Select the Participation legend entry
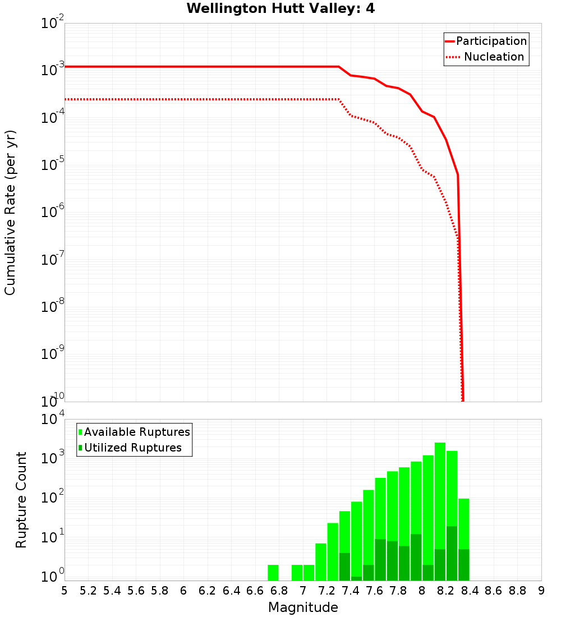[491, 41]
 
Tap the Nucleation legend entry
[493, 57]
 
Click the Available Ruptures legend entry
[136, 432]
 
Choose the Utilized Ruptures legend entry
[132, 448]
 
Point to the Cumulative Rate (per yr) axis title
[10, 213]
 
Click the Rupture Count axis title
[21, 500]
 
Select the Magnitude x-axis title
[303, 607]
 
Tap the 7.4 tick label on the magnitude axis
[351, 591]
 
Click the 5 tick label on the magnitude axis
[65, 591]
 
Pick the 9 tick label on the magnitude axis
[541, 591]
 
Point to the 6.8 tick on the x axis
[279, 591]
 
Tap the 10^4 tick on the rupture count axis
[53, 420]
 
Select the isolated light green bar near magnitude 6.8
[273, 573]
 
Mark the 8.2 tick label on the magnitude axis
[446, 591]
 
